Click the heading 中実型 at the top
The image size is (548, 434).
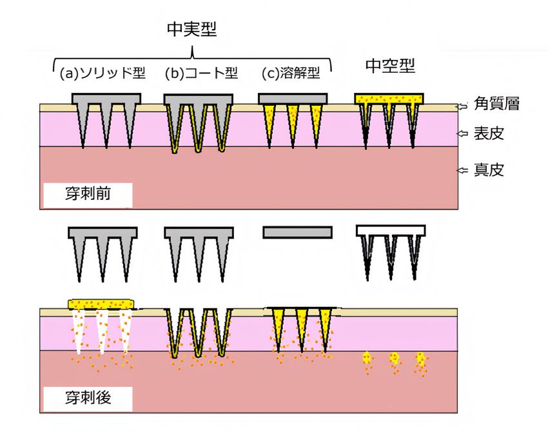192,29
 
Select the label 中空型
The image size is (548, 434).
390,66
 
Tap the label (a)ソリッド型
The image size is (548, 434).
103,73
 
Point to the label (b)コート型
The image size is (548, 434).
201,73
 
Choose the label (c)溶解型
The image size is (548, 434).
291,73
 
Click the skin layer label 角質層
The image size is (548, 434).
496,104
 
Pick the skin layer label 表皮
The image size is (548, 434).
489,133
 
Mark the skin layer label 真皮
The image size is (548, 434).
489,170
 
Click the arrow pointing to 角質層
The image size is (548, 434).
462,106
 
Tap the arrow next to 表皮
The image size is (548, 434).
462,133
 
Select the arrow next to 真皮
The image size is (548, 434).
462,170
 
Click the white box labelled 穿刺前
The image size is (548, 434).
88,195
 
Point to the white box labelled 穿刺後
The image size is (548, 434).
88,399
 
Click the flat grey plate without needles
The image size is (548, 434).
297,233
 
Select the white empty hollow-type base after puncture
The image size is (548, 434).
391,230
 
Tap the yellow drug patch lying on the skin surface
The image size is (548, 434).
101,304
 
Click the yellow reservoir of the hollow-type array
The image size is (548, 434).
389,98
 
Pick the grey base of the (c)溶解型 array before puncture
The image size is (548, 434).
293,99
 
